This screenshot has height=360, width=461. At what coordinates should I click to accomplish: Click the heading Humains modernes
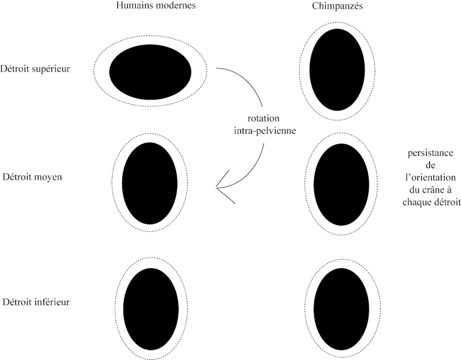point(150,7)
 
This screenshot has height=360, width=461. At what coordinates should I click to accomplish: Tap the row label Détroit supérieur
point(35,68)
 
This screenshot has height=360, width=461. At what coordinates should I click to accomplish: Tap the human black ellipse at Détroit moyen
point(150,183)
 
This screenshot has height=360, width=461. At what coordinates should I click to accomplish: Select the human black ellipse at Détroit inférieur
point(150,307)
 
